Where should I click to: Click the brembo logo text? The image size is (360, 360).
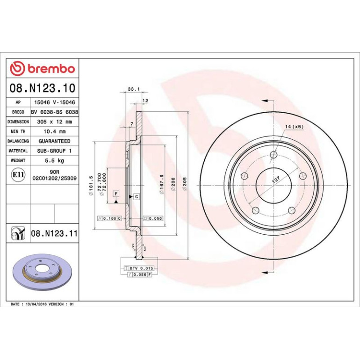click(51, 69)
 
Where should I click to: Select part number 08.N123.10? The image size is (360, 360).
click(43, 88)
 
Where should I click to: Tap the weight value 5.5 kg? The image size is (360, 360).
click(54, 160)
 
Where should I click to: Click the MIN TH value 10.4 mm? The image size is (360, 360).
click(55, 131)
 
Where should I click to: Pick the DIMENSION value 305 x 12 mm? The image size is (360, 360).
click(54, 122)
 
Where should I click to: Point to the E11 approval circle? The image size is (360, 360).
click(18, 175)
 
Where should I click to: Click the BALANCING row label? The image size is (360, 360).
click(18, 141)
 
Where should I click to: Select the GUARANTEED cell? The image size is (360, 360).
click(54, 141)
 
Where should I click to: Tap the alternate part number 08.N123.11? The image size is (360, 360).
click(54, 233)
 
